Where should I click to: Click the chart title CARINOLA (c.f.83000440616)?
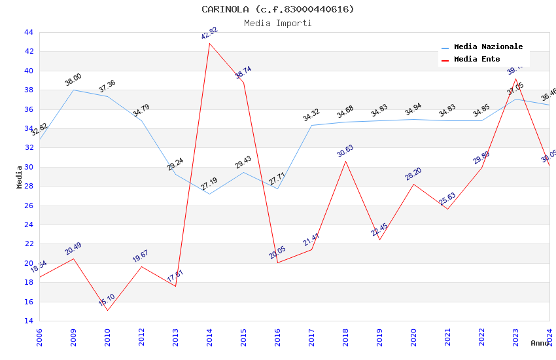pyautogui.click(x=277, y=9)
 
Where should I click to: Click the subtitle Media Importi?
pyautogui.click(x=277, y=23)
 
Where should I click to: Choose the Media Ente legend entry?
pyautogui.click(x=477, y=60)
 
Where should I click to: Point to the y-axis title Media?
pyautogui.click(x=20, y=177)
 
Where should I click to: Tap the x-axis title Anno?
pyautogui.click(x=540, y=343)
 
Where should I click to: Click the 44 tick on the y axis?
pyautogui.click(x=28, y=32)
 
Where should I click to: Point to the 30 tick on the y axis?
pyautogui.click(x=28, y=167)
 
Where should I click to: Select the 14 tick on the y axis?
pyautogui.click(x=28, y=321)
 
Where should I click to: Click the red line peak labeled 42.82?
pyautogui.click(x=209, y=43)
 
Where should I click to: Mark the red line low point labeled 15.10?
pyautogui.click(x=107, y=310)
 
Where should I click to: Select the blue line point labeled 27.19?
pyautogui.click(x=209, y=194)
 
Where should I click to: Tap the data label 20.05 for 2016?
pyautogui.click(x=277, y=253)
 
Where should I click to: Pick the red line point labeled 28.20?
pyautogui.click(x=413, y=184)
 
